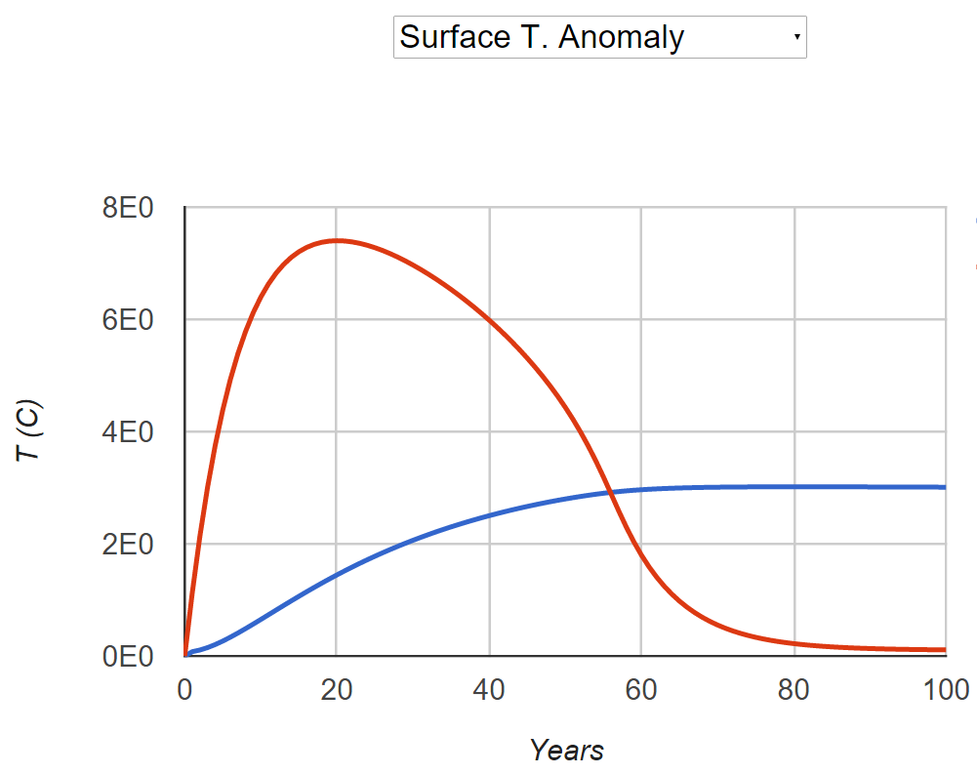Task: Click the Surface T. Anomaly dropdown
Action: (599, 37)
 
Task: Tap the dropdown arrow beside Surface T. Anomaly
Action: (796, 37)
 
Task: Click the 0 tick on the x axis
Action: (184, 689)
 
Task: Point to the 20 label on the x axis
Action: (337, 689)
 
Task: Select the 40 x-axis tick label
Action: (489, 689)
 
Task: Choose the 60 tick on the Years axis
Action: (641, 689)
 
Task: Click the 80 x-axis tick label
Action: (794, 689)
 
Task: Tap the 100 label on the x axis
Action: (945, 689)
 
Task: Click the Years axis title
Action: (566, 750)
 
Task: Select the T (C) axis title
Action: (33, 431)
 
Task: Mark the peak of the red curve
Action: (337, 240)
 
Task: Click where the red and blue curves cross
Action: (611, 493)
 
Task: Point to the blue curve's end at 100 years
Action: (945, 487)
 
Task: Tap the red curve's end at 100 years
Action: (945, 649)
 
